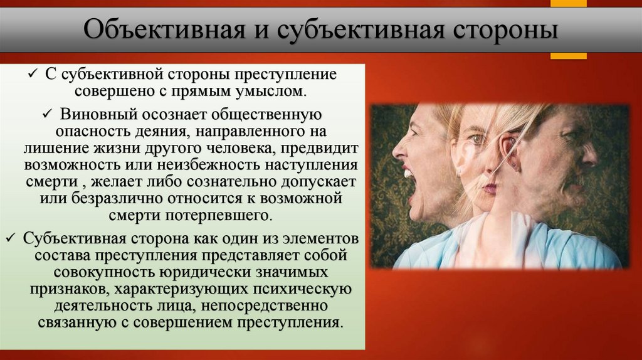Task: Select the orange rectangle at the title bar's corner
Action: [568, 56]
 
